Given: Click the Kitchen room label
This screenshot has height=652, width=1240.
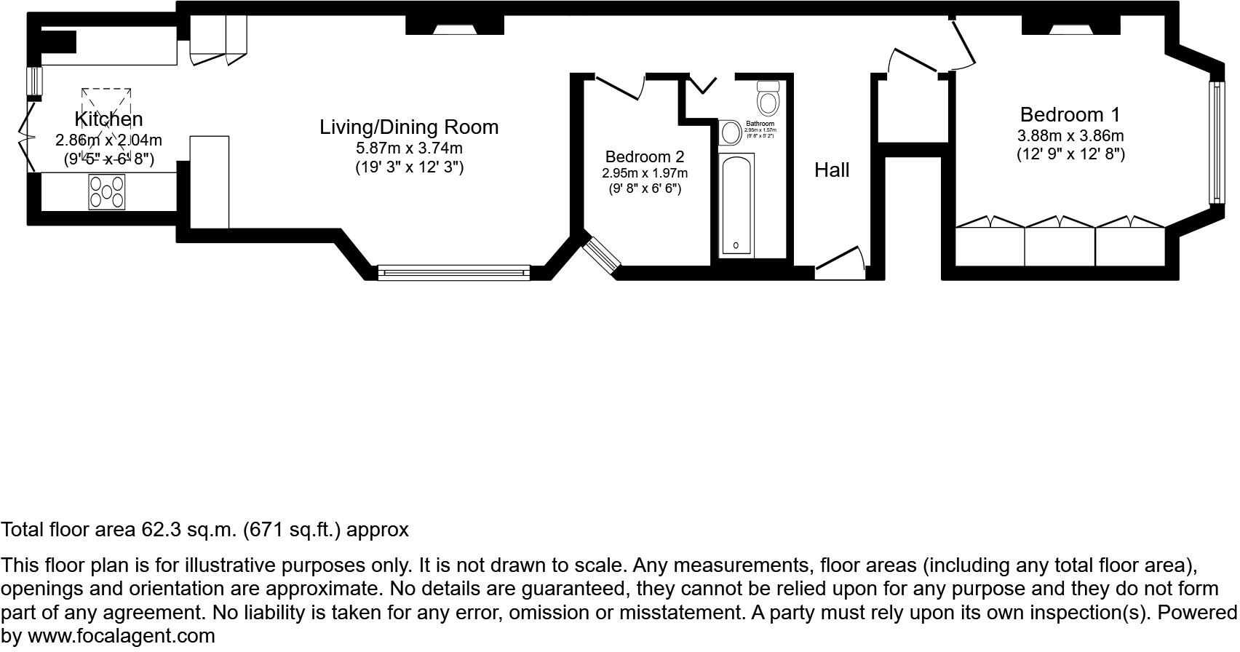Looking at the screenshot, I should (x=108, y=119).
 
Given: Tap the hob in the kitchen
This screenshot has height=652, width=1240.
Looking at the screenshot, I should (x=107, y=192).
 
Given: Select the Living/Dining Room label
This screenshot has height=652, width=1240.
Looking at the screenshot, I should (x=409, y=127).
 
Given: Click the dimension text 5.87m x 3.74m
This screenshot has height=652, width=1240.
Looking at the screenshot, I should (x=409, y=148).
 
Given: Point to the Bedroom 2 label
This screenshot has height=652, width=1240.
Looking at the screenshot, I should (x=645, y=157).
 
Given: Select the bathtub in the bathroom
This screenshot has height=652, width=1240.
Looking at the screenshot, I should (x=736, y=204).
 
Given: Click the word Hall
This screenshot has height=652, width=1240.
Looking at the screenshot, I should (x=832, y=170).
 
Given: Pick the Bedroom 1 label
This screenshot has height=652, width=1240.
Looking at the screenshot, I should (x=1070, y=115).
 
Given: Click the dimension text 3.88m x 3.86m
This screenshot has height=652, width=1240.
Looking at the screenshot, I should (x=1070, y=136).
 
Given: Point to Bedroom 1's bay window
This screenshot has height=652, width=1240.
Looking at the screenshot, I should (x=1215, y=142).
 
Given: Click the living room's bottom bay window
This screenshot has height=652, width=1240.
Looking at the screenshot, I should (x=453, y=273).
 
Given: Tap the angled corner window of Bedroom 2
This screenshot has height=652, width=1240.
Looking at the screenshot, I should (x=602, y=255).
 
